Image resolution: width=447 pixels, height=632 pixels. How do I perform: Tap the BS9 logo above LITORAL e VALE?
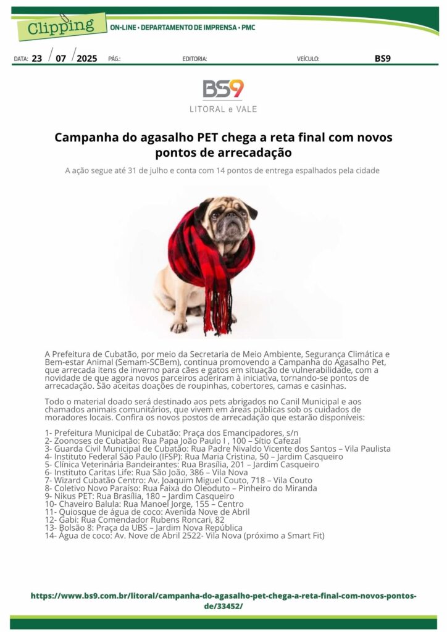223,89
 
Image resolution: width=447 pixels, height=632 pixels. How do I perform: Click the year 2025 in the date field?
87,59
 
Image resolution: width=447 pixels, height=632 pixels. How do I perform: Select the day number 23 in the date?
37,59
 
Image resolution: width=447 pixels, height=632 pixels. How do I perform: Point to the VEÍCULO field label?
308,59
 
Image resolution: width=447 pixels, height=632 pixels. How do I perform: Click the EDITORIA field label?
194,59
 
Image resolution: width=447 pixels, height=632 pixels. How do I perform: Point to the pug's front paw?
180,326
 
